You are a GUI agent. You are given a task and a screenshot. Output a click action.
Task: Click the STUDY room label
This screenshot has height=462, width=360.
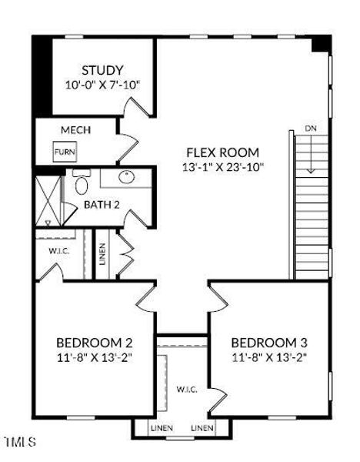(x=102, y=70)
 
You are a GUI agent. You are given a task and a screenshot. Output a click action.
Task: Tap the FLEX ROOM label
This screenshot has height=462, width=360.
(x=223, y=152)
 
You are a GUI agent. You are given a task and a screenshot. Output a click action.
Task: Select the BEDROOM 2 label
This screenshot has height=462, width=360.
(x=94, y=343)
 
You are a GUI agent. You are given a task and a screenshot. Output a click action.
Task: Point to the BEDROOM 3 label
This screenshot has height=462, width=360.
(x=269, y=343)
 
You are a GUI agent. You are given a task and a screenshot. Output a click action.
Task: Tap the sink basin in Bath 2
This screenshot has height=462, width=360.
(x=127, y=177)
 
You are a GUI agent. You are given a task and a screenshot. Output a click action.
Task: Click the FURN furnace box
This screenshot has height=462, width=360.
(x=65, y=152)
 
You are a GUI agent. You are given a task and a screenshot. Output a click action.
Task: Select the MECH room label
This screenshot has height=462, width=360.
(x=75, y=130)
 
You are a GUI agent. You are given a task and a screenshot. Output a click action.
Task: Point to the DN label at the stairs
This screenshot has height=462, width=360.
(x=311, y=128)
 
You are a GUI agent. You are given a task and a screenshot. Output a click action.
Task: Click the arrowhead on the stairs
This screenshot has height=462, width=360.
(x=311, y=171)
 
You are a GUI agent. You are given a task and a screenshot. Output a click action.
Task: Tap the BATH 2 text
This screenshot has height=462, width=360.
(x=102, y=205)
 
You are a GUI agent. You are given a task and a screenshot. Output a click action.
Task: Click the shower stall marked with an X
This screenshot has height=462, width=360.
(x=48, y=201)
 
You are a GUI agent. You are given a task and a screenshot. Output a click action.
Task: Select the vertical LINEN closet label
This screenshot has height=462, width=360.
(x=102, y=254)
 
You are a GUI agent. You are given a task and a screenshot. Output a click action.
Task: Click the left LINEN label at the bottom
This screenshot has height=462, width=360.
(x=162, y=427)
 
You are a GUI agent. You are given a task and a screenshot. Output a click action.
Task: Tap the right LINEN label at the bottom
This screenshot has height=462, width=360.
(x=202, y=427)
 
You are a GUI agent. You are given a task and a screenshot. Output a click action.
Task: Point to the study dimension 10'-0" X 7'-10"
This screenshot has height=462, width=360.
(x=102, y=85)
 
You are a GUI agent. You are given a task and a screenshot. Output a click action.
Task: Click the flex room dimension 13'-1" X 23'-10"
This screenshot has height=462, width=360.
(x=223, y=167)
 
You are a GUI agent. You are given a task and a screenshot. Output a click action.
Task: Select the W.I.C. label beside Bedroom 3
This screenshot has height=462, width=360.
(x=187, y=389)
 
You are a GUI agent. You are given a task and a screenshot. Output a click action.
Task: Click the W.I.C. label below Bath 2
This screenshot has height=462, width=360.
(x=59, y=251)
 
